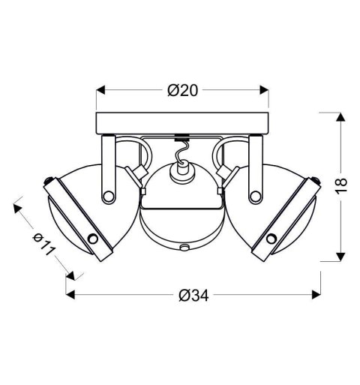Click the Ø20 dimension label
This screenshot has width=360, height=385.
[182, 90]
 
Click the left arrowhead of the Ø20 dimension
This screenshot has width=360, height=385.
[100, 90]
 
